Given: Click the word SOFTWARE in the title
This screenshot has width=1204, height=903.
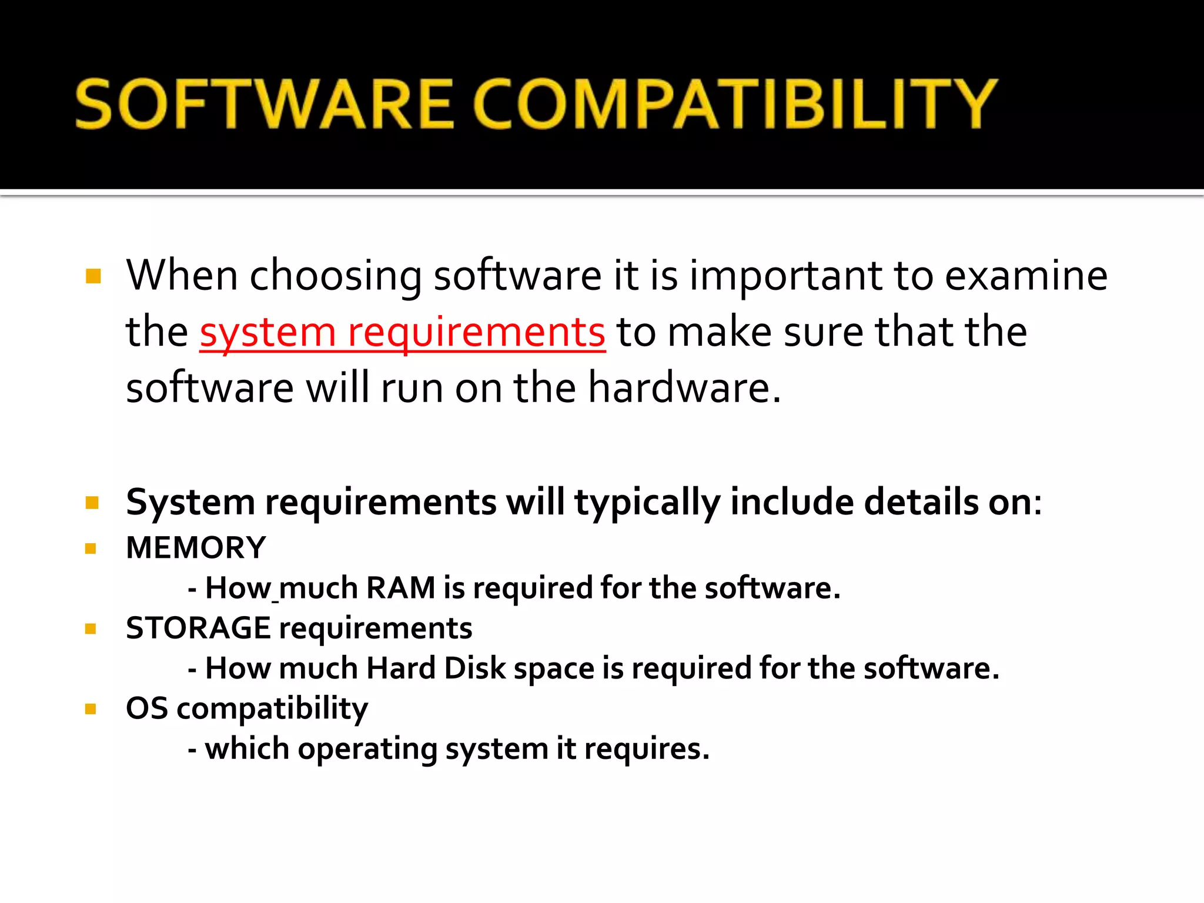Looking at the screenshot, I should [x=265, y=104].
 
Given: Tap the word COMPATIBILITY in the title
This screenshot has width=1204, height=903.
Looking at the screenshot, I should [x=735, y=104].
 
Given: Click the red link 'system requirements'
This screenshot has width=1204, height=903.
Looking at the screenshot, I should [x=402, y=332].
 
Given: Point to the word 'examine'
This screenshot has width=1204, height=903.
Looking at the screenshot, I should [x=1026, y=276].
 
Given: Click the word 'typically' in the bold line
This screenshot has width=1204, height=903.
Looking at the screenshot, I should [x=647, y=503].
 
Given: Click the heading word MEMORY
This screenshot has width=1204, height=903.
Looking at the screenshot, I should [x=196, y=548].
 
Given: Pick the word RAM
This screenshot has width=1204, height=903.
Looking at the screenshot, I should [x=400, y=588].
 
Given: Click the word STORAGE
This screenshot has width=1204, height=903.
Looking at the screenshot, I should [x=198, y=628].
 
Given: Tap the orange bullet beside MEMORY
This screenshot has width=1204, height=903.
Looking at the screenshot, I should [x=91, y=549].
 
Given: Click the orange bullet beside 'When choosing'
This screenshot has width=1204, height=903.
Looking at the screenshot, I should [x=93, y=276].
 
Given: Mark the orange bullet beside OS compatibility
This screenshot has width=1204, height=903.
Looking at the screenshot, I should [x=91, y=709].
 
